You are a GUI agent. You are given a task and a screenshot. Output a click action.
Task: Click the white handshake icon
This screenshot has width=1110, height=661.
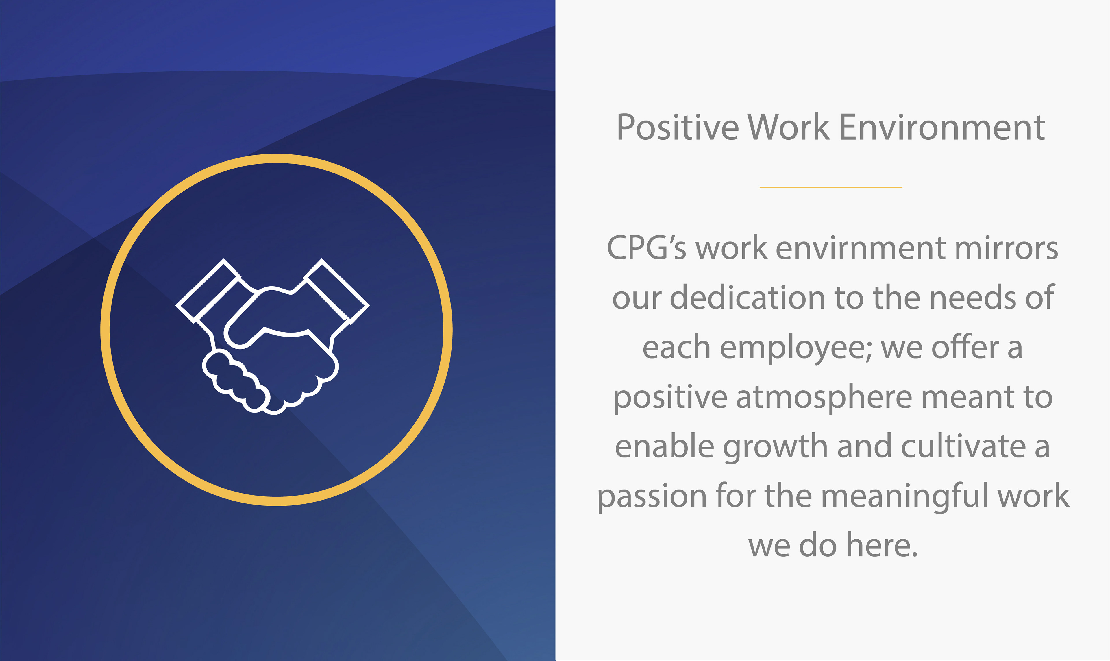[273, 336]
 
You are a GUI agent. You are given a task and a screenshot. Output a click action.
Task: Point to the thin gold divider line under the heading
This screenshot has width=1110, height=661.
[831, 187]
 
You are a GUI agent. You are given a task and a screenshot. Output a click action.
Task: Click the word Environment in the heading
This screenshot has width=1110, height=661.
[942, 128]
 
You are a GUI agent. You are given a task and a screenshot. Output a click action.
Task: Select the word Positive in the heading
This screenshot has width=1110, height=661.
[678, 128]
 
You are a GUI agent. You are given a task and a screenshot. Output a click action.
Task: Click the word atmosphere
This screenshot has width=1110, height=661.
[824, 397]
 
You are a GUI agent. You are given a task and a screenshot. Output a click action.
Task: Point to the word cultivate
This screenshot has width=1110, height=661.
[963, 446]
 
